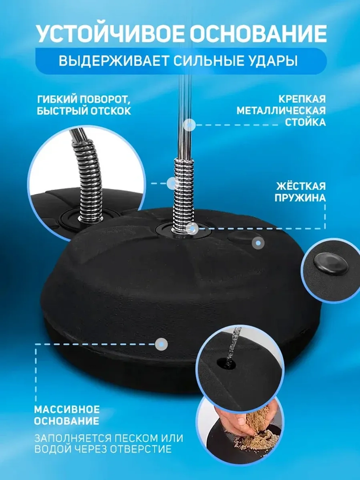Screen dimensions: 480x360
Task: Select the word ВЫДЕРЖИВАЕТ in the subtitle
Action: [x=114, y=60]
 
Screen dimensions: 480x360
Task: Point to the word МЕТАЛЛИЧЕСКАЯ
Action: [x=281, y=111]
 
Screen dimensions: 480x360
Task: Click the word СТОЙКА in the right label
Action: [x=305, y=122]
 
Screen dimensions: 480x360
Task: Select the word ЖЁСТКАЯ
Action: [x=301, y=186]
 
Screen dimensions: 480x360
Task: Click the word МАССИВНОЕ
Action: [x=67, y=409]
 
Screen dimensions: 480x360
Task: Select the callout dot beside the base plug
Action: [x=258, y=243]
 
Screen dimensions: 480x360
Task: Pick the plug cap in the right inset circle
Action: [x=330, y=264]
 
